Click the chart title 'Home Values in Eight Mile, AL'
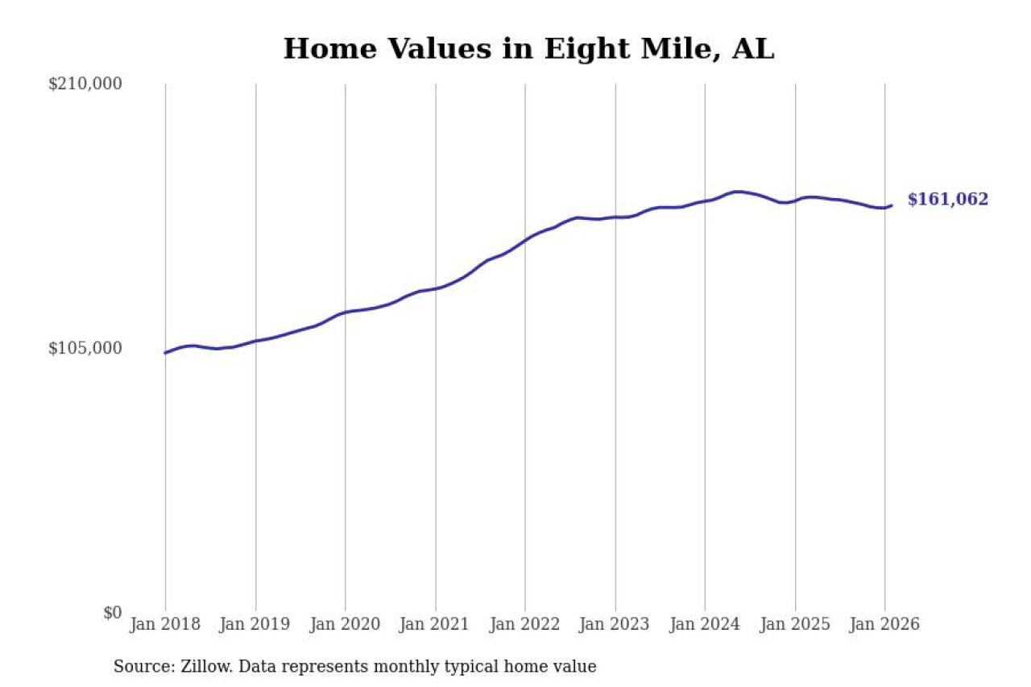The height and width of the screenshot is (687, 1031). click(528, 49)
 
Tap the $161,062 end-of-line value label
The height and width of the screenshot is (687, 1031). click(947, 200)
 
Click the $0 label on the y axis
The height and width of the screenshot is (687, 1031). click(112, 612)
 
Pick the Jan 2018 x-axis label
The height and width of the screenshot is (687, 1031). click(166, 625)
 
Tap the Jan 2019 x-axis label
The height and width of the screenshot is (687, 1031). click(256, 625)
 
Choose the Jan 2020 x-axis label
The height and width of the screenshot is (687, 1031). click(346, 625)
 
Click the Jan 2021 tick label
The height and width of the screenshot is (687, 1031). click(436, 625)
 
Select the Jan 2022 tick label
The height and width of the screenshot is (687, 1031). click(525, 625)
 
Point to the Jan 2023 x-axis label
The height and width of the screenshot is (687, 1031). click(615, 625)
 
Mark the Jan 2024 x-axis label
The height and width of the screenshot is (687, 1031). click(705, 625)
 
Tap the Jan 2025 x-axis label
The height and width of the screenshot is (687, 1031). click(795, 625)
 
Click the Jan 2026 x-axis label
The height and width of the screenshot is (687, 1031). click(884, 625)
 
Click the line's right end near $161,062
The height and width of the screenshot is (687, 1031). click(891, 205)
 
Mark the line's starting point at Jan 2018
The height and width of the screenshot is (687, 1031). click(166, 353)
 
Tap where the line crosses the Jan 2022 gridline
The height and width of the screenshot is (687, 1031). click(525, 239)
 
